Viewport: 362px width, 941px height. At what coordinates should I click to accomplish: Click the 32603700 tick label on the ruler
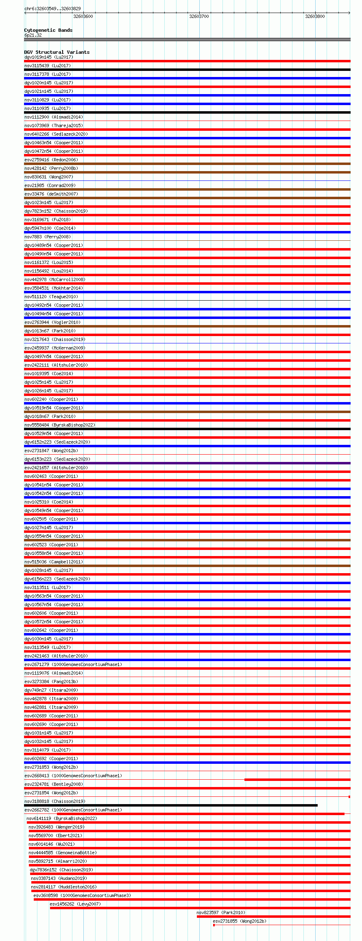coord(199,16)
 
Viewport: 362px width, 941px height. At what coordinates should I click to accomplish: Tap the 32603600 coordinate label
coord(83,16)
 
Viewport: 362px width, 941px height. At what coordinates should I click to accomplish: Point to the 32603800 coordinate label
coord(315,16)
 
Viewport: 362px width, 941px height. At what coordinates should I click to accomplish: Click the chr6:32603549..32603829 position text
coord(52,9)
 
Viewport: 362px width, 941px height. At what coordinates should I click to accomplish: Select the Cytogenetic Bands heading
coord(48,30)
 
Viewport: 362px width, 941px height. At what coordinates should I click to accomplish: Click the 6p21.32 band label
coord(33,35)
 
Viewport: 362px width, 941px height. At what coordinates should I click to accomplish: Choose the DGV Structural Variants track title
coord(57,52)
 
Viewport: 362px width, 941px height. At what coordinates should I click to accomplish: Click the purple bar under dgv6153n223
coord(187,463)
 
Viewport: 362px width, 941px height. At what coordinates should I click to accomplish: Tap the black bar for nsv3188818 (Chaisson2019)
coord(171,805)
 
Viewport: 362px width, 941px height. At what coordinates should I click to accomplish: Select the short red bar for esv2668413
coord(297,780)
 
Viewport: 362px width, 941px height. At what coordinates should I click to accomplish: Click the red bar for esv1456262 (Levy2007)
coord(200,908)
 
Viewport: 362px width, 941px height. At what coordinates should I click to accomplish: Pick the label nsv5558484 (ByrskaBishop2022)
coord(59,425)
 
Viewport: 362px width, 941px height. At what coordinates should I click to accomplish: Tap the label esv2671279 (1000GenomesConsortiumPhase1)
coord(73,664)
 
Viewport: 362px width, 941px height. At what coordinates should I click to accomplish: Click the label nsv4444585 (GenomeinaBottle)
coord(62,853)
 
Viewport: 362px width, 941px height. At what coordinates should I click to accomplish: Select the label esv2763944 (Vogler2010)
coord(52,322)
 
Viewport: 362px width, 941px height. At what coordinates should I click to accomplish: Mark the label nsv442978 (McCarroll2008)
coord(55,279)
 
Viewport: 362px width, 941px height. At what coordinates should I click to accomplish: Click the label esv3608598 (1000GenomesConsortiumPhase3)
coord(82,895)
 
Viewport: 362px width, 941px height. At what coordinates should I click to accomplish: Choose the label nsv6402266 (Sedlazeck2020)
coord(56,134)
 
